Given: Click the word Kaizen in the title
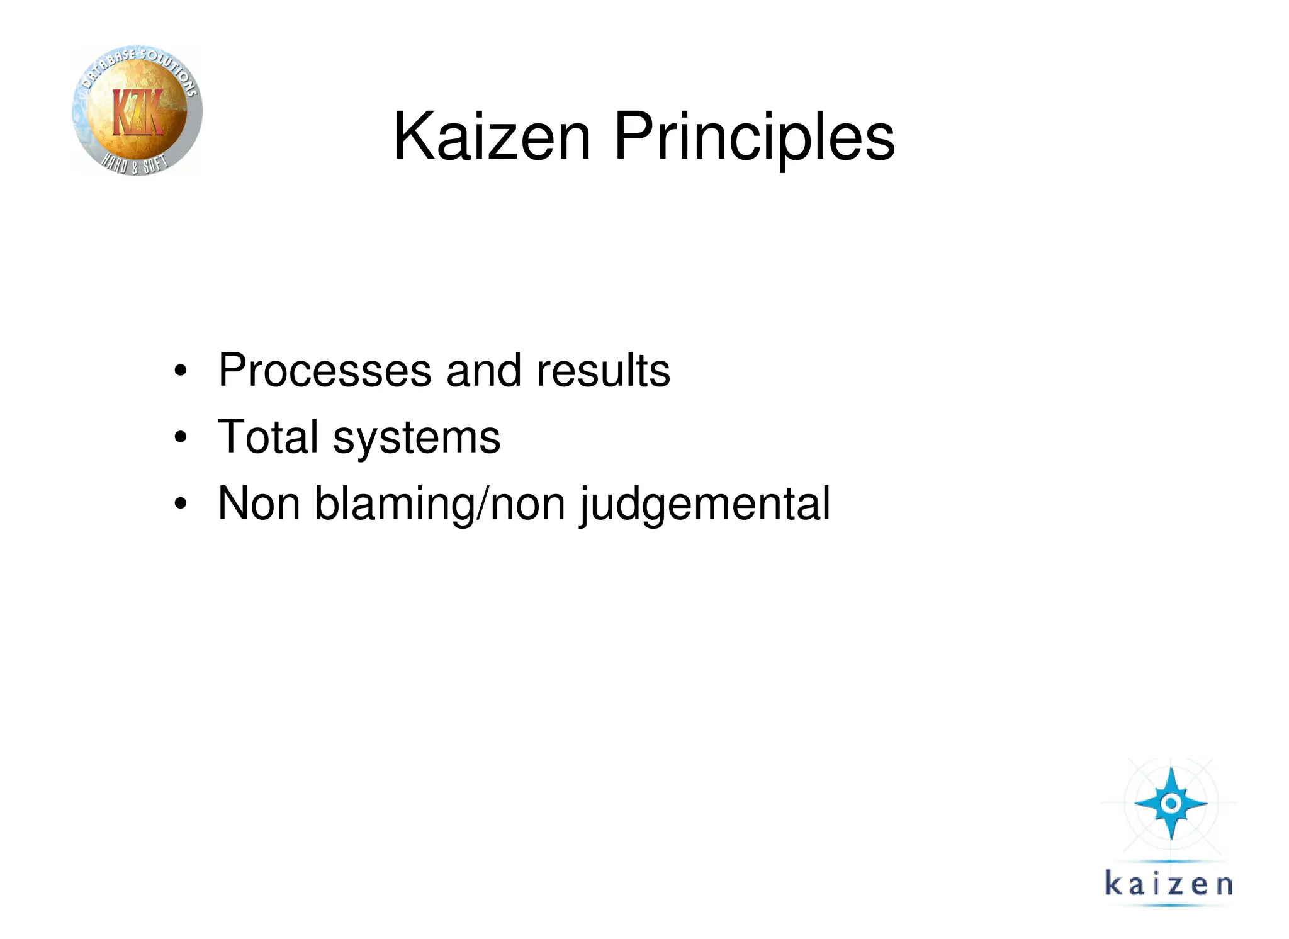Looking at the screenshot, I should pyautogui.click(x=492, y=137).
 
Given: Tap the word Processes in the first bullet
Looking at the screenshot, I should pyautogui.click(x=325, y=370).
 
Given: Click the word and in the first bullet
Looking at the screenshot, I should pyautogui.click(x=483, y=370).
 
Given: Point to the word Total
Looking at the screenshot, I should pyautogui.click(x=268, y=437).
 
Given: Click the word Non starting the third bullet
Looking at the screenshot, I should pyautogui.click(x=259, y=503).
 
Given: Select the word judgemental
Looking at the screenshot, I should pyautogui.click(x=705, y=505).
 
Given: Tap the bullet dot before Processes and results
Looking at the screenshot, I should pyautogui.click(x=181, y=371).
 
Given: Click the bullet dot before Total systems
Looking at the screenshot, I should pyautogui.click(x=181, y=437).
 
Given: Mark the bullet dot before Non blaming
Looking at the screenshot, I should pyautogui.click(x=181, y=504).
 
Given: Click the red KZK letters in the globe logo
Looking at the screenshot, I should pyautogui.click(x=138, y=112).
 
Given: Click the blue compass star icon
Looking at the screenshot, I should pyautogui.click(x=1171, y=804).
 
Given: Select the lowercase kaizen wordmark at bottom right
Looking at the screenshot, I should pyautogui.click(x=1168, y=884).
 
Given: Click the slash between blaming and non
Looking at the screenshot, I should pyautogui.click(x=483, y=503).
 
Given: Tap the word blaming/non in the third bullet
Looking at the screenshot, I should pyautogui.click(x=440, y=505).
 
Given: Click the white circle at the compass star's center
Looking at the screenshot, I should pyautogui.click(x=1171, y=803).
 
